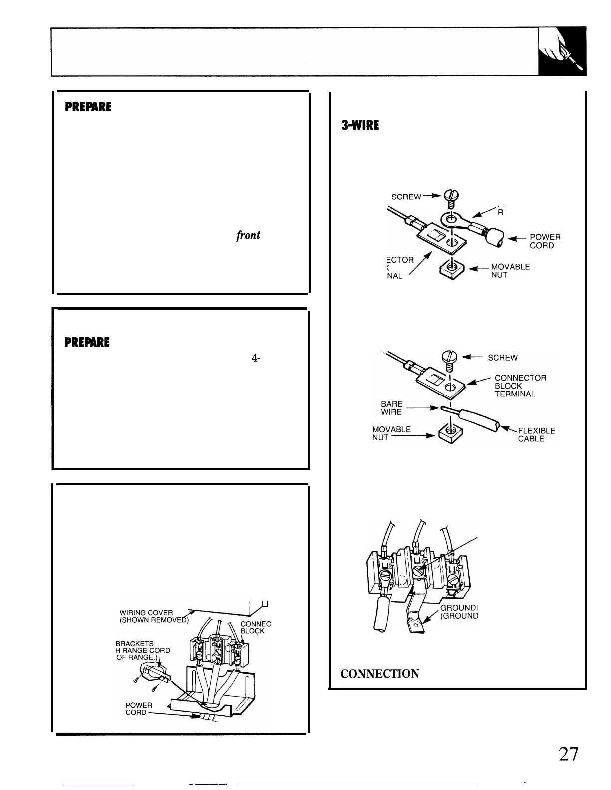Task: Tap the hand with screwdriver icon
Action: tap(563, 52)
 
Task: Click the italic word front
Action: tap(248, 235)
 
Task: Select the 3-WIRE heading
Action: tap(359, 125)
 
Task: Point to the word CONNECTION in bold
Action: tap(379, 674)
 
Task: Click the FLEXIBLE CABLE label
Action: tap(536, 435)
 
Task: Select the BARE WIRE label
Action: tap(392, 408)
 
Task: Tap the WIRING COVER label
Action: tap(146, 616)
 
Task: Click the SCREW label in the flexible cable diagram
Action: tap(502, 358)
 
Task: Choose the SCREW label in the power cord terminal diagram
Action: tap(406, 197)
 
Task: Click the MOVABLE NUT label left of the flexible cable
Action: tap(391, 433)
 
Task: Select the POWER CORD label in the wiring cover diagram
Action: tap(138, 709)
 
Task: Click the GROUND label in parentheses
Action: tap(460, 615)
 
